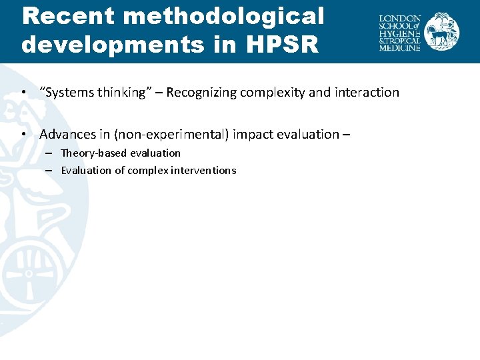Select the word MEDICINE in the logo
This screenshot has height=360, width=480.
399,48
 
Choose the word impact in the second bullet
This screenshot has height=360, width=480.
256,134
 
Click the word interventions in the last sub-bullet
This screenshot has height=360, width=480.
205,170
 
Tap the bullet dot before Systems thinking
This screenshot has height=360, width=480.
24,93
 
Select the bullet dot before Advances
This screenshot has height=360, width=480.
24,134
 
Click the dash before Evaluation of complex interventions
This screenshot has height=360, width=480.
49,170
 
